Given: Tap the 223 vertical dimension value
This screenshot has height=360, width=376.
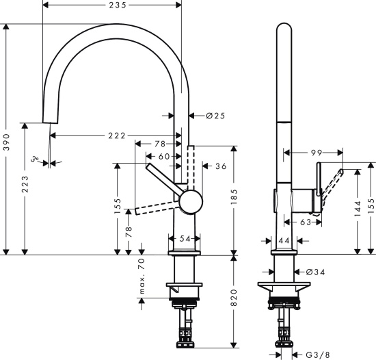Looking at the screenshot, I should [25, 188].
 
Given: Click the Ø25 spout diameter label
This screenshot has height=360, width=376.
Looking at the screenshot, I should [215, 116].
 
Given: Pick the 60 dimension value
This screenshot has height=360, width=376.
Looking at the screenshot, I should [165, 157].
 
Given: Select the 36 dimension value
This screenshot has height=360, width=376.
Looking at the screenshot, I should [221, 166].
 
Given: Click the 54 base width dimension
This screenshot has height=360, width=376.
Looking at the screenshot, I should [185, 239].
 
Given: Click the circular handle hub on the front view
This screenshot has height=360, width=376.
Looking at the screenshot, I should [190, 203].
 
